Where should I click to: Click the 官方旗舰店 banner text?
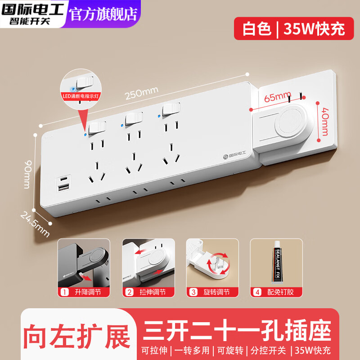[103, 13]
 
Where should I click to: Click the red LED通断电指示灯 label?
[82, 96]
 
